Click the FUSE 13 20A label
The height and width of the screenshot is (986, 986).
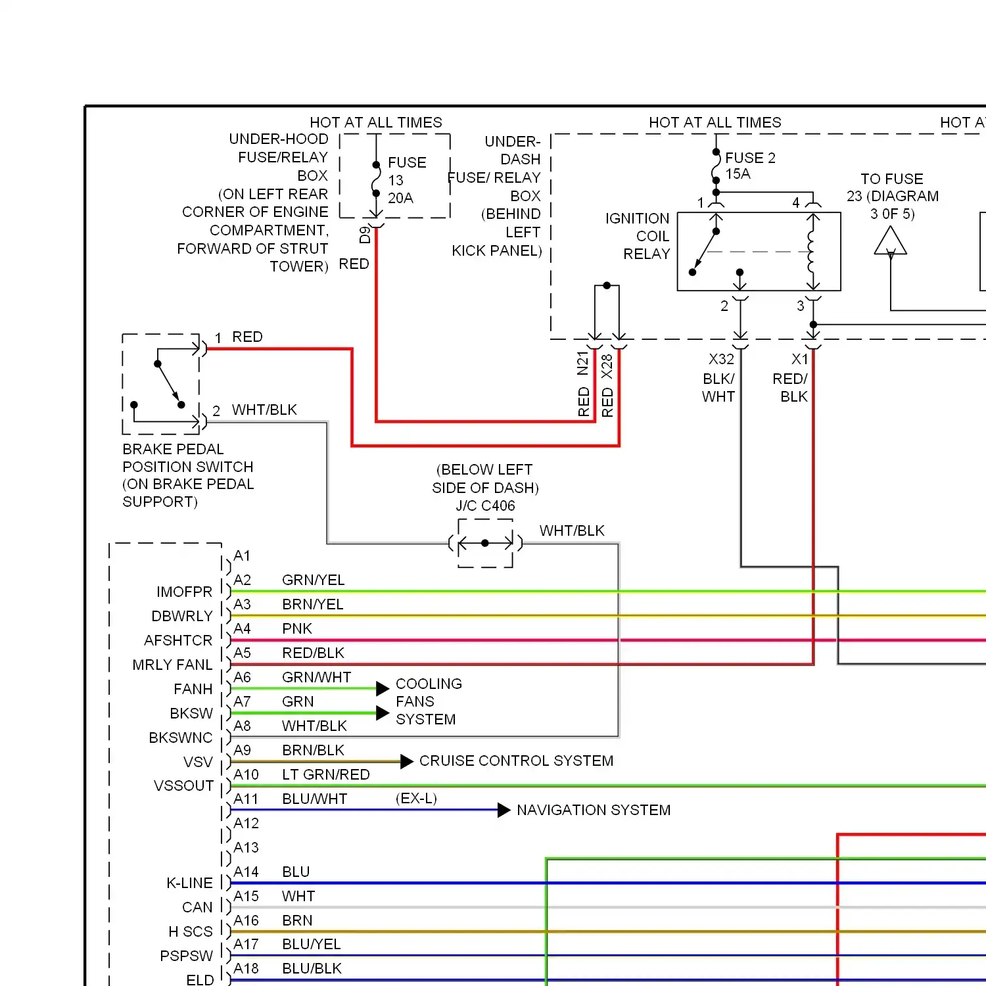click(x=406, y=180)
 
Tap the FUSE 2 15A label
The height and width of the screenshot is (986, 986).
click(x=749, y=166)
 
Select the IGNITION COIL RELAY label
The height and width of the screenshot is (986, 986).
click(x=638, y=236)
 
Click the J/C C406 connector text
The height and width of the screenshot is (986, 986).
click(x=485, y=505)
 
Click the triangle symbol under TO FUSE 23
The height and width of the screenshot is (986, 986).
click(x=891, y=241)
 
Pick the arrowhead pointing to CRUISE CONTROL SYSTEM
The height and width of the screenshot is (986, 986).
click(x=407, y=761)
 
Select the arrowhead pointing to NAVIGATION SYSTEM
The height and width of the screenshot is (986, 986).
click(x=504, y=810)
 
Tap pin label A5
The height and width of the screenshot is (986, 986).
click(x=243, y=653)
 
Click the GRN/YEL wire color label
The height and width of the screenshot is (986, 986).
click(x=313, y=580)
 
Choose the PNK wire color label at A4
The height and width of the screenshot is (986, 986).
click(x=296, y=628)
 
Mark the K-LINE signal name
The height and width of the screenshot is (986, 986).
click(x=189, y=883)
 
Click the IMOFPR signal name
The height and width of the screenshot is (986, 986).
click(x=184, y=592)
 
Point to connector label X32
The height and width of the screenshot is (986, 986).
click(x=721, y=359)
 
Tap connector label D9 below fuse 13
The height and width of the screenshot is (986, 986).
click(x=365, y=235)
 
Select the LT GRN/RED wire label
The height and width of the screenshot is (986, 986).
click(x=325, y=774)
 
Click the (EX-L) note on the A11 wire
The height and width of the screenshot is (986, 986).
click(x=416, y=798)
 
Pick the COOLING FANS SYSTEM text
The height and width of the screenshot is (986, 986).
click(x=428, y=701)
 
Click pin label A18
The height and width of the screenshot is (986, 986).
click(x=246, y=968)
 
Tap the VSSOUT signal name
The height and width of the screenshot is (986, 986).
click(x=183, y=786)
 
